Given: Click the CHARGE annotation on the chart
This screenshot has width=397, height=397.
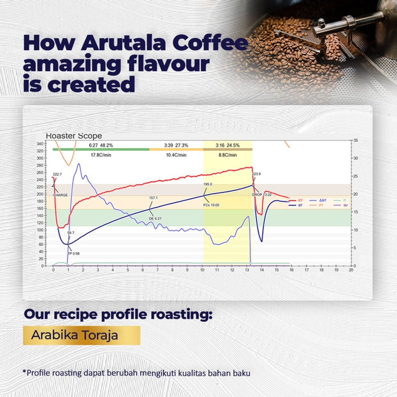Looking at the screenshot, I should (60, 195).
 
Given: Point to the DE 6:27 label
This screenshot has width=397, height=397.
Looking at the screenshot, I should (156, 218).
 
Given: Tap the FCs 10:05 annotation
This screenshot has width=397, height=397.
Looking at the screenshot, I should (211, 204).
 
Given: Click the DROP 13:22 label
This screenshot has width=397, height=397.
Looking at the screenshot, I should (262, 195).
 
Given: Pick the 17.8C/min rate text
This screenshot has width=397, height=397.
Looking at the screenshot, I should (100, 155).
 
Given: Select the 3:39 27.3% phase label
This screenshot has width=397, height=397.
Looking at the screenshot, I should (176, 145).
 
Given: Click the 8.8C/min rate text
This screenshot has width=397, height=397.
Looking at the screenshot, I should (227, 155).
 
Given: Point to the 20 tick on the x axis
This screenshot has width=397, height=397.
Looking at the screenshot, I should (351, 271).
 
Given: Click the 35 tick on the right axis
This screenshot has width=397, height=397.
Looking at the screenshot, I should (355, 141).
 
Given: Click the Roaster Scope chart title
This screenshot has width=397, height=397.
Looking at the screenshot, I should (73, 135).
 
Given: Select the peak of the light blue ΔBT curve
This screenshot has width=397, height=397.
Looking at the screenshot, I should (78, 164).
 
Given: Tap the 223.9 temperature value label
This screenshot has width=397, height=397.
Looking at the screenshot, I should (257, 174).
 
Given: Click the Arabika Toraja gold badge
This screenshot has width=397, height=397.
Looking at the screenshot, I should (81, 335).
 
